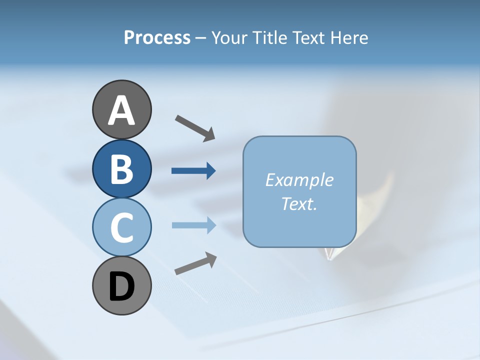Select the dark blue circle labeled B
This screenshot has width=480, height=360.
click(121, 168)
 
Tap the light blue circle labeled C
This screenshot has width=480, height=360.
click(121, 227)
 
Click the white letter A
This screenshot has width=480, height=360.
click(121, 110)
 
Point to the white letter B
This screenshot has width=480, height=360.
click(121, 169)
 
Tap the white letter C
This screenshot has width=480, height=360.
click(121, 228)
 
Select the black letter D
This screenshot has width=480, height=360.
click(121, 287)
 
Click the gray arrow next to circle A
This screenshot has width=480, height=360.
click(195, 128)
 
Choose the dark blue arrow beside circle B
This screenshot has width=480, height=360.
click(193, 171)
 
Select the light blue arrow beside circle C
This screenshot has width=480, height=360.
click(193, 225)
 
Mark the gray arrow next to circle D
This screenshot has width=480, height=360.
click(195, 263)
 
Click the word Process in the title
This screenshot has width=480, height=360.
click(157, 37)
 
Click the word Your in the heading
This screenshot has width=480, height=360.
click(230, 37)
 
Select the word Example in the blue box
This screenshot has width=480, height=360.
click(299, 180)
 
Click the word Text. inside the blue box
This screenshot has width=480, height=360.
click(299, 203)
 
